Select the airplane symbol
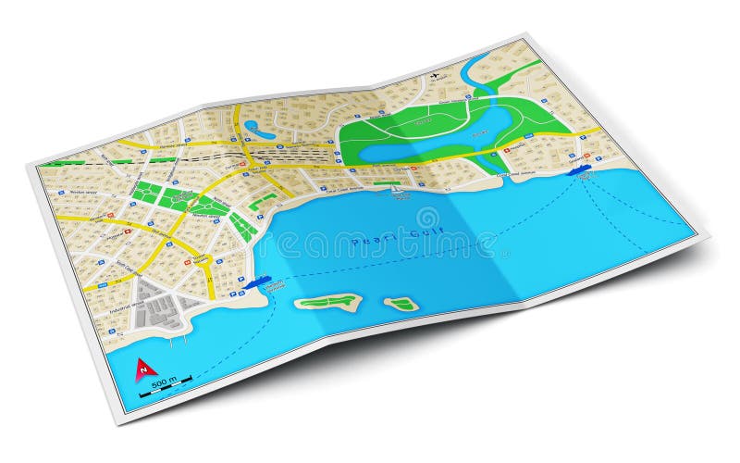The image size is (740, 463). (x=438, y=75)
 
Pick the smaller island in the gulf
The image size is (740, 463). (x=401, y=304)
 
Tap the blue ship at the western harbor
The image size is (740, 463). (x=259, y=281)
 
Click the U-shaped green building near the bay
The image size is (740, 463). (x=263, y=199)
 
